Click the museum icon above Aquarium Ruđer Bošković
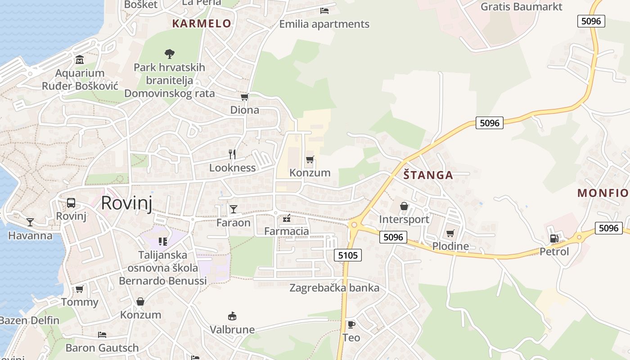tap(80, 59)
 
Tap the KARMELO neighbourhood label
tap(202, 23)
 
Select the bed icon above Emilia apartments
tap(324, 10)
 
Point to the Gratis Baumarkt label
tap(522, 7)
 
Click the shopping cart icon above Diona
tap(245, 97)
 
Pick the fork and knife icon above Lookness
tap(232, 154)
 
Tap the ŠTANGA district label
tap(428, 175)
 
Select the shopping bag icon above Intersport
tap(404, 206)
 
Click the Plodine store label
tap(450, 246)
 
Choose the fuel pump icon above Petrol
tap(554, 238)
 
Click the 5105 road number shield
tap(348, 256)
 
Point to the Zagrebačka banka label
tap(334, 288)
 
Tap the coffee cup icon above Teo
tap(351, 324)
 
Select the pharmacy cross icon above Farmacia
tap(287, 219)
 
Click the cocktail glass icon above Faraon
tap(233, 209)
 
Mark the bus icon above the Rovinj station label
tap(71, 203)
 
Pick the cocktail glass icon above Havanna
tap(30, 222)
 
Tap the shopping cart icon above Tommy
tap(80, 289)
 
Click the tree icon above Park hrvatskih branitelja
tap(169, 54)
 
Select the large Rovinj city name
tap(126, 203)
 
